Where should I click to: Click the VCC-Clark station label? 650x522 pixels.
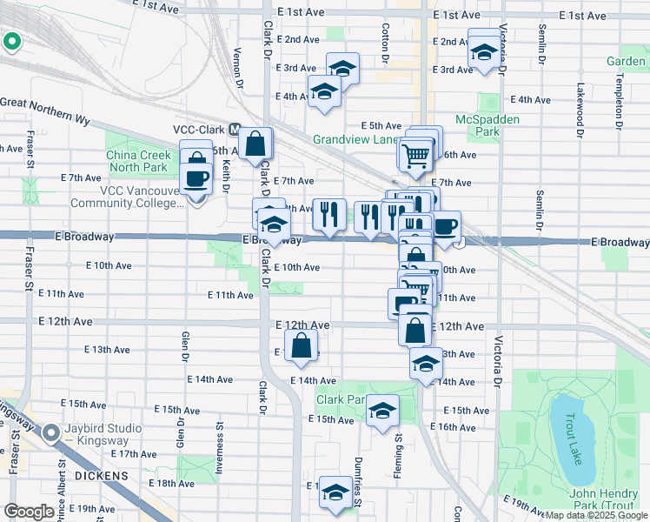(x=200, y=129)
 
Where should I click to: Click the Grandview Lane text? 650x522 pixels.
(x=355, y=139)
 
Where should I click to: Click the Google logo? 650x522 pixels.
(x=29, y=512)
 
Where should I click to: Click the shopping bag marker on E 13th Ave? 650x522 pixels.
(x=300, y=345)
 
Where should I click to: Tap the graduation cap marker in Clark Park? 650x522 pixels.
(x=382, y=412)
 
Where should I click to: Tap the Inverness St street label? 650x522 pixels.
(x=220, y=444)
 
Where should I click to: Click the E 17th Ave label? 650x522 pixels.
(x=136, y=454)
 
